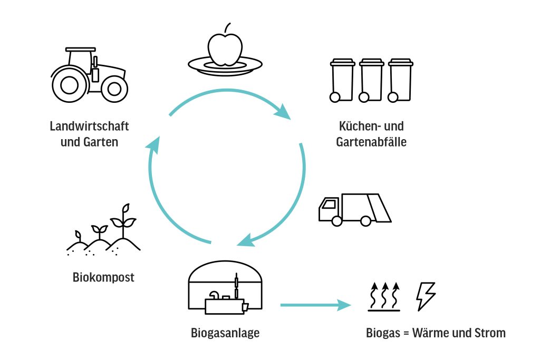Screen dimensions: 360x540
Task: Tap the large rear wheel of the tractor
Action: (70, 84)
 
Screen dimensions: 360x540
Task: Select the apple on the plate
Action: (225, 48)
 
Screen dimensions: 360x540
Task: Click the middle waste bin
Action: (371, 80)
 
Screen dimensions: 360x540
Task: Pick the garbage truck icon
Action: (354, 209)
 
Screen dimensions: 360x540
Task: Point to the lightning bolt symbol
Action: (426, 296)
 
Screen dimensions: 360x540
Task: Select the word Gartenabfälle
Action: (371, 142)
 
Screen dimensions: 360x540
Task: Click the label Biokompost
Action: (103, 277)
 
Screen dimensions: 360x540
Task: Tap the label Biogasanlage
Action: (225, 333)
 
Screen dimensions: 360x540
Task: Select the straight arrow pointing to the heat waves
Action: (315, 305)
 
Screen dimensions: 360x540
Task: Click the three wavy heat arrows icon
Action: (384, 297)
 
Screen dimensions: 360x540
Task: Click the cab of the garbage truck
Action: (329, 209)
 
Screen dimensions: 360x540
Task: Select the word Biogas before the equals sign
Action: (383, 333)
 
